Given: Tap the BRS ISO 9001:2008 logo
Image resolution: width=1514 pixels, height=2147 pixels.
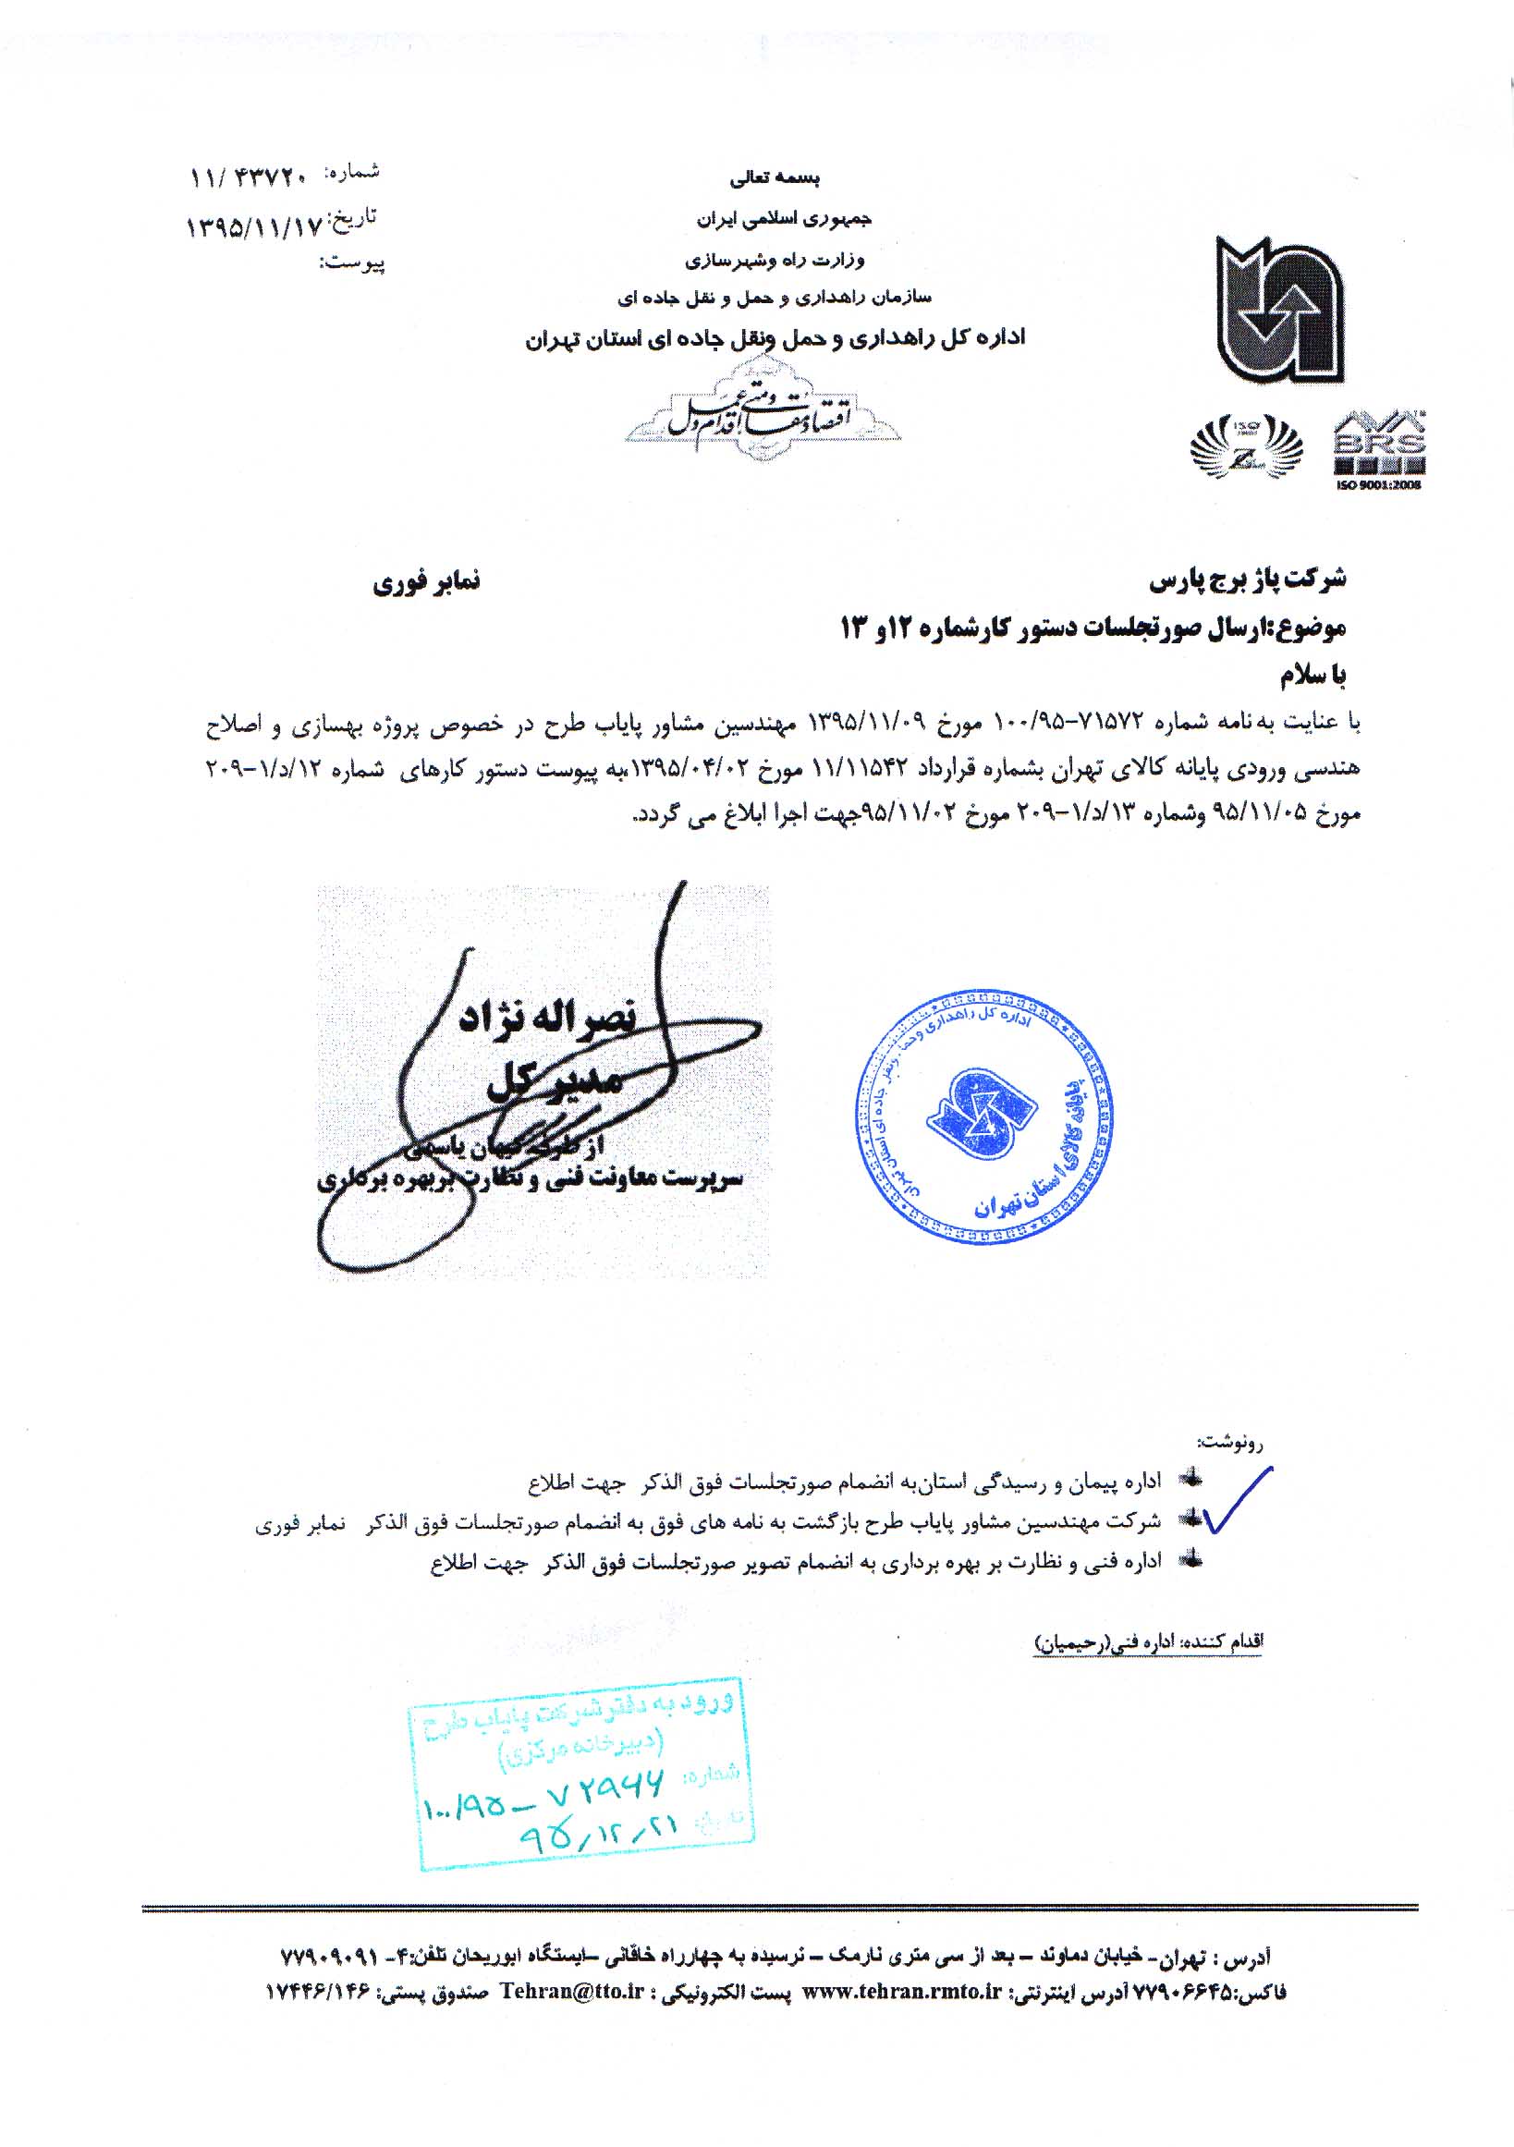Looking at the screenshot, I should [1378, 451].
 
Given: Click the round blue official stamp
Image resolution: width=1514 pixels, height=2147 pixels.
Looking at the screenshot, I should [983, 1117].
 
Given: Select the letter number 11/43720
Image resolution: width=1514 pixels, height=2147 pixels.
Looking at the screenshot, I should [249, 175].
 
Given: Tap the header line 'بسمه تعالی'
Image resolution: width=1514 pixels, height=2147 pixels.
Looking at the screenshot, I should [775, 177].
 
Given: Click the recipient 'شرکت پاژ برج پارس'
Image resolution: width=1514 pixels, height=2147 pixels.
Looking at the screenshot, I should [1248, 579].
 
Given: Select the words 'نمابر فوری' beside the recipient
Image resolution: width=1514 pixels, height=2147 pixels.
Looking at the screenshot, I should [425, 582].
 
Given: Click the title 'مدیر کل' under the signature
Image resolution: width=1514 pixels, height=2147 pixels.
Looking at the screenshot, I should [554, 1083].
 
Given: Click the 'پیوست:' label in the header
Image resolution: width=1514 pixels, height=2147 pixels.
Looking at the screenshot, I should [352, 263].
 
